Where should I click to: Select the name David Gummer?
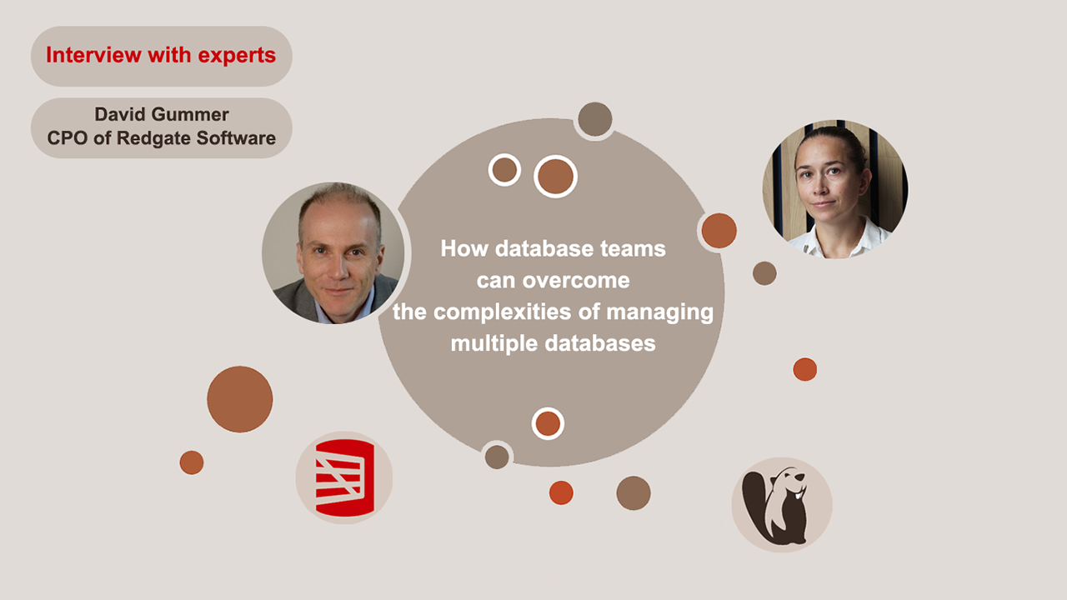point(161,115)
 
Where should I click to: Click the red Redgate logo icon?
point(344,478)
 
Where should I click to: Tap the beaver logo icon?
point(782,504)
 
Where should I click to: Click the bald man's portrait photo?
point(333,253)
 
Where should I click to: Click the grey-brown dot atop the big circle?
point(595,119)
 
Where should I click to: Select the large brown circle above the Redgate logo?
point(240,399)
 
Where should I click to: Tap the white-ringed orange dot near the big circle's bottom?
point(548,424)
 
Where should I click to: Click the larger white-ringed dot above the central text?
point(555,177)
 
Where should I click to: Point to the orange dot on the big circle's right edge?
point(719,231)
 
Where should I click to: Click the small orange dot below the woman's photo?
point(804,369)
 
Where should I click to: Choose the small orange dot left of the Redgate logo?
point(192,462)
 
